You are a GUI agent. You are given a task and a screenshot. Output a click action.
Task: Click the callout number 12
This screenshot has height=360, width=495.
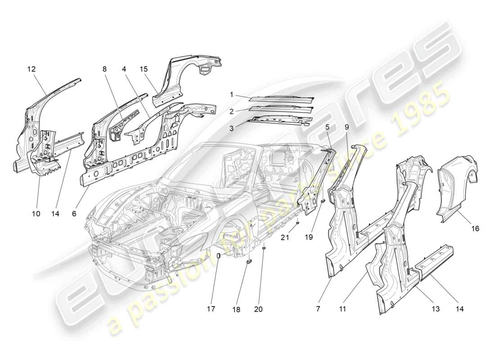click(31, 69)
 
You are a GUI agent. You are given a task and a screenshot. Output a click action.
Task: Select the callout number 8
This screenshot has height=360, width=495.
click(104, 69)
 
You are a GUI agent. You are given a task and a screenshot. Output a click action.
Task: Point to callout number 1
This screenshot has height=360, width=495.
click(231, 95)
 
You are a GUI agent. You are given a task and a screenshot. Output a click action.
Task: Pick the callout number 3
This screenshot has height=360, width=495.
click(231, 128)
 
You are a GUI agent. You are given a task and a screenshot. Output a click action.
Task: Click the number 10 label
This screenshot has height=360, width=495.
click(36, 214)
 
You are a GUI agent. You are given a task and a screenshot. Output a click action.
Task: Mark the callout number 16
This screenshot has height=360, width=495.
click(475, 229)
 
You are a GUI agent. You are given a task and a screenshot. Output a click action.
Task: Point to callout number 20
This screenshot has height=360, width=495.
click(258, 309)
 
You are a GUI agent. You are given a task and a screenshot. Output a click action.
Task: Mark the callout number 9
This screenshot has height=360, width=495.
click(346, 127)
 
